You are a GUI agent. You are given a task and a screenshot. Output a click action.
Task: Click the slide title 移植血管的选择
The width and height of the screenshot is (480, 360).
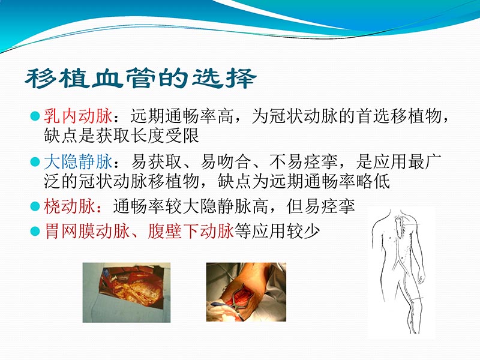pyautogui.click(x=140, y=79)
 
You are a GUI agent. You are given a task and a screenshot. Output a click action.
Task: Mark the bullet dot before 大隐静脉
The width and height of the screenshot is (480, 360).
pyautogui.click(x=35, y=161)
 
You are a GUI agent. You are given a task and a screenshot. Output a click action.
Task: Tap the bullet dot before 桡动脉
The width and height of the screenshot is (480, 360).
pyautogui.click(x=35, y=206)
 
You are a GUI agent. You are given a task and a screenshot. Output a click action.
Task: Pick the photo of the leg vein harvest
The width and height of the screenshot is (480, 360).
pyautogui.click(x=246, y=291)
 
